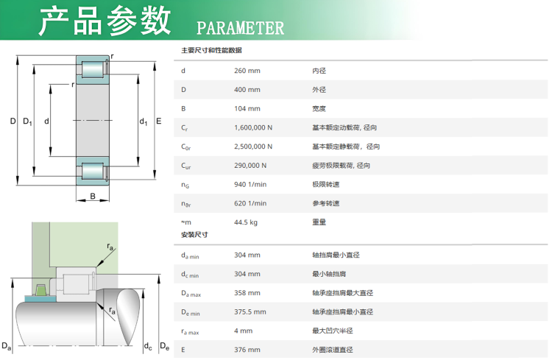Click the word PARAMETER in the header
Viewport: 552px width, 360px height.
click(240, 28)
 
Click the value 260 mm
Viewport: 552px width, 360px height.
click(247, 71)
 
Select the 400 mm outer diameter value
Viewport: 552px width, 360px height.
click(247, 90)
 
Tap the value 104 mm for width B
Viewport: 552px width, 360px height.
click(247, 109)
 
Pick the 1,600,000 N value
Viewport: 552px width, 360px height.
click(253, 128)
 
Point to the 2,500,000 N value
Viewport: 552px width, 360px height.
click(253, 147)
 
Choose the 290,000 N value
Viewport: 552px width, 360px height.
click(250, 166)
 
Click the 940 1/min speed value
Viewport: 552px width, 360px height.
click(250, 185)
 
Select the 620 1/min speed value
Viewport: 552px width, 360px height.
click(250, 204)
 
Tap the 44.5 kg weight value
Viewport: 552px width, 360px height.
click(246, 222)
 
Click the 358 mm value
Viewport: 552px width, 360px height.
click(247, 293)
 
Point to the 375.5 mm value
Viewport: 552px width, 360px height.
click(250, 312)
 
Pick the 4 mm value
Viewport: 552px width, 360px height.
click(244, 331)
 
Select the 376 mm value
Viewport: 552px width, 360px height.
click(247, 350)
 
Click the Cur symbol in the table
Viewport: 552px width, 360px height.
click(186, 166)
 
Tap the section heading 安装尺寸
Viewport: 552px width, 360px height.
click(194, 235)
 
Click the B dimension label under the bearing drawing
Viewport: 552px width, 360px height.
click(93, 197)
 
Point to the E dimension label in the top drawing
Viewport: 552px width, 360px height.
click(159, 121)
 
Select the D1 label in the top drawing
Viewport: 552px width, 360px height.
click(27, 122)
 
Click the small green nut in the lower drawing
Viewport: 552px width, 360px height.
click(41, 290)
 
